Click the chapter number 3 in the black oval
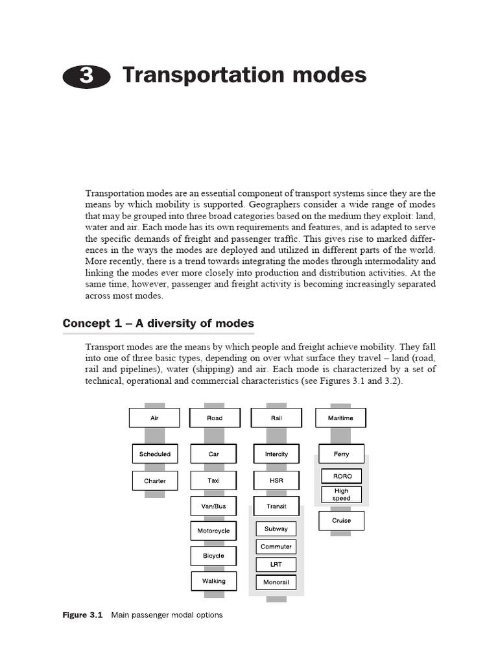87,77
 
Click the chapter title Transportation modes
244,75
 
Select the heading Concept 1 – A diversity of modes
158,324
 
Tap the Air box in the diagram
154,418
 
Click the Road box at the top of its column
215,418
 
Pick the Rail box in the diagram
276,418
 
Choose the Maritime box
340,418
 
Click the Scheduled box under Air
155,454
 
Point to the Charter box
155,481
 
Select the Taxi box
213,480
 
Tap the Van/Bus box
213,506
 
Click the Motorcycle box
213,531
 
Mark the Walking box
213,581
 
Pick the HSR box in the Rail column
276,480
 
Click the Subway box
276,529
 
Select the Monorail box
276,582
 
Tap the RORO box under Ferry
342,477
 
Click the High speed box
342,495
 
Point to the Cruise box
341,521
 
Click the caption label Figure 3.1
83,615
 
